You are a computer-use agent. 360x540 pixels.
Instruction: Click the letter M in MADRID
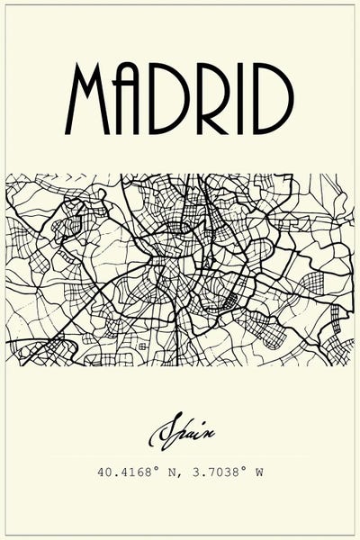(92, 98)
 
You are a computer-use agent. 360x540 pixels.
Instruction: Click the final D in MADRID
(274, 98)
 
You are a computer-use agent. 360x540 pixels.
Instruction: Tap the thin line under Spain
(180, 455)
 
